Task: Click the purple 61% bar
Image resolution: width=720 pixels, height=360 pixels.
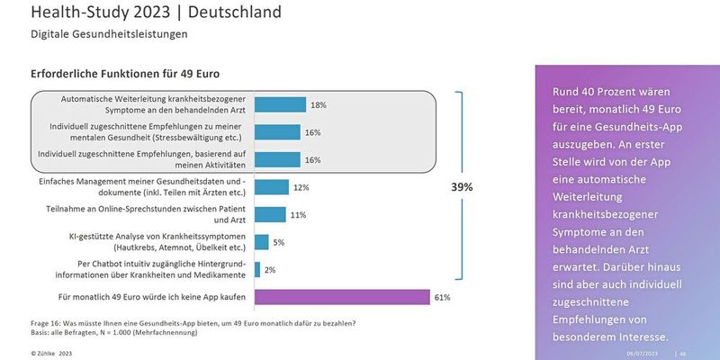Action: point(342,297)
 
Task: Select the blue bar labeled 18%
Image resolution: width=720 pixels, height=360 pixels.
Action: point(280,104)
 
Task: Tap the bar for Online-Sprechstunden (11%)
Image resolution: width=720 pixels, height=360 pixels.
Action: point(270,214)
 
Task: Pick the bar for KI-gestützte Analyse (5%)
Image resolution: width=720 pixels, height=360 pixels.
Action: point(262,241)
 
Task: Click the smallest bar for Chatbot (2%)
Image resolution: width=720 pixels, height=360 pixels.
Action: point(257,269)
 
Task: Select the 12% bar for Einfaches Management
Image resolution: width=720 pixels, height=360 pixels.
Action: point(272,187)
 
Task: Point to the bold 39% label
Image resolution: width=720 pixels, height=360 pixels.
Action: point(463,187)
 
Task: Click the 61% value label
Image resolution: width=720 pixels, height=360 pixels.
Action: point(442,297)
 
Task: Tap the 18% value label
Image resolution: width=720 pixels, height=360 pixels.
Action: point(318,105)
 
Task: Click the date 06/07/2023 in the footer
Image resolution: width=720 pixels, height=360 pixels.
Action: point(643,354)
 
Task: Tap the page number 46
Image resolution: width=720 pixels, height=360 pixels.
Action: point(682,354)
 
